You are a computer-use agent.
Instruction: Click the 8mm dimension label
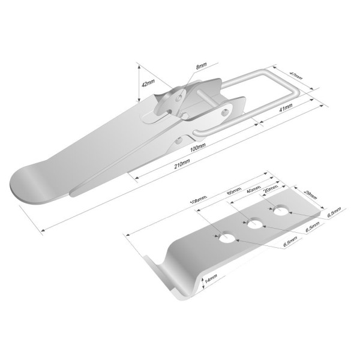point(201,66)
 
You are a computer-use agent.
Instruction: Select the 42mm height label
point(148,83)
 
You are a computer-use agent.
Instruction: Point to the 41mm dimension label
point(286,107)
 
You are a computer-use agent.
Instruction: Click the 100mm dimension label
point(197,148)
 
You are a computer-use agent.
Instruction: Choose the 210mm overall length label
point(182,164)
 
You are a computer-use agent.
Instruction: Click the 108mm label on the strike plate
point(199,200)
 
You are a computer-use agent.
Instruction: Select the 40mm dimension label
point(253,190)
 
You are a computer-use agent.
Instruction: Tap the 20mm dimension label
point(272,190)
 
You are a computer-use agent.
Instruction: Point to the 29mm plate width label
point(310,194)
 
